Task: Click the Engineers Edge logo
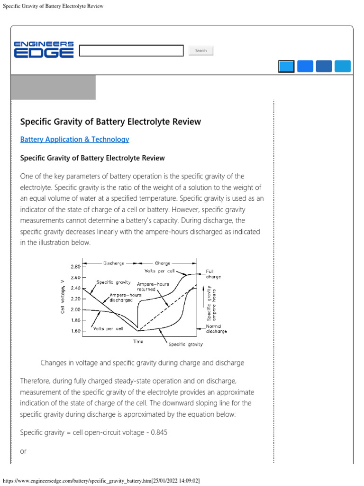[44, 50]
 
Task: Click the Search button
[201, 51]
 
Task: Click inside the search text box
[131, 51]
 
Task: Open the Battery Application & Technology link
[74, 140]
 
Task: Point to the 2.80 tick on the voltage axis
[75, 266]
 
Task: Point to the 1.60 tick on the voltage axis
[75, 331]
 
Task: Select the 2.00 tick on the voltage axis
[75, 309]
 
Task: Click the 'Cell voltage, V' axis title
[63, 297]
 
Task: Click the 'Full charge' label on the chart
[213, 274]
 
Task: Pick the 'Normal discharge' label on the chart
[216, 329]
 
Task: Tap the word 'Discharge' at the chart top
[114, 263]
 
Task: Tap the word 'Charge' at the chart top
[163, 263]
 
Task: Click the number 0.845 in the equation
[158, 433]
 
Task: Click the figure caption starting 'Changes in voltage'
[142, 363]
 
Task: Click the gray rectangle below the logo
[53, 87]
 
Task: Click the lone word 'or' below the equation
[24, 451]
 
